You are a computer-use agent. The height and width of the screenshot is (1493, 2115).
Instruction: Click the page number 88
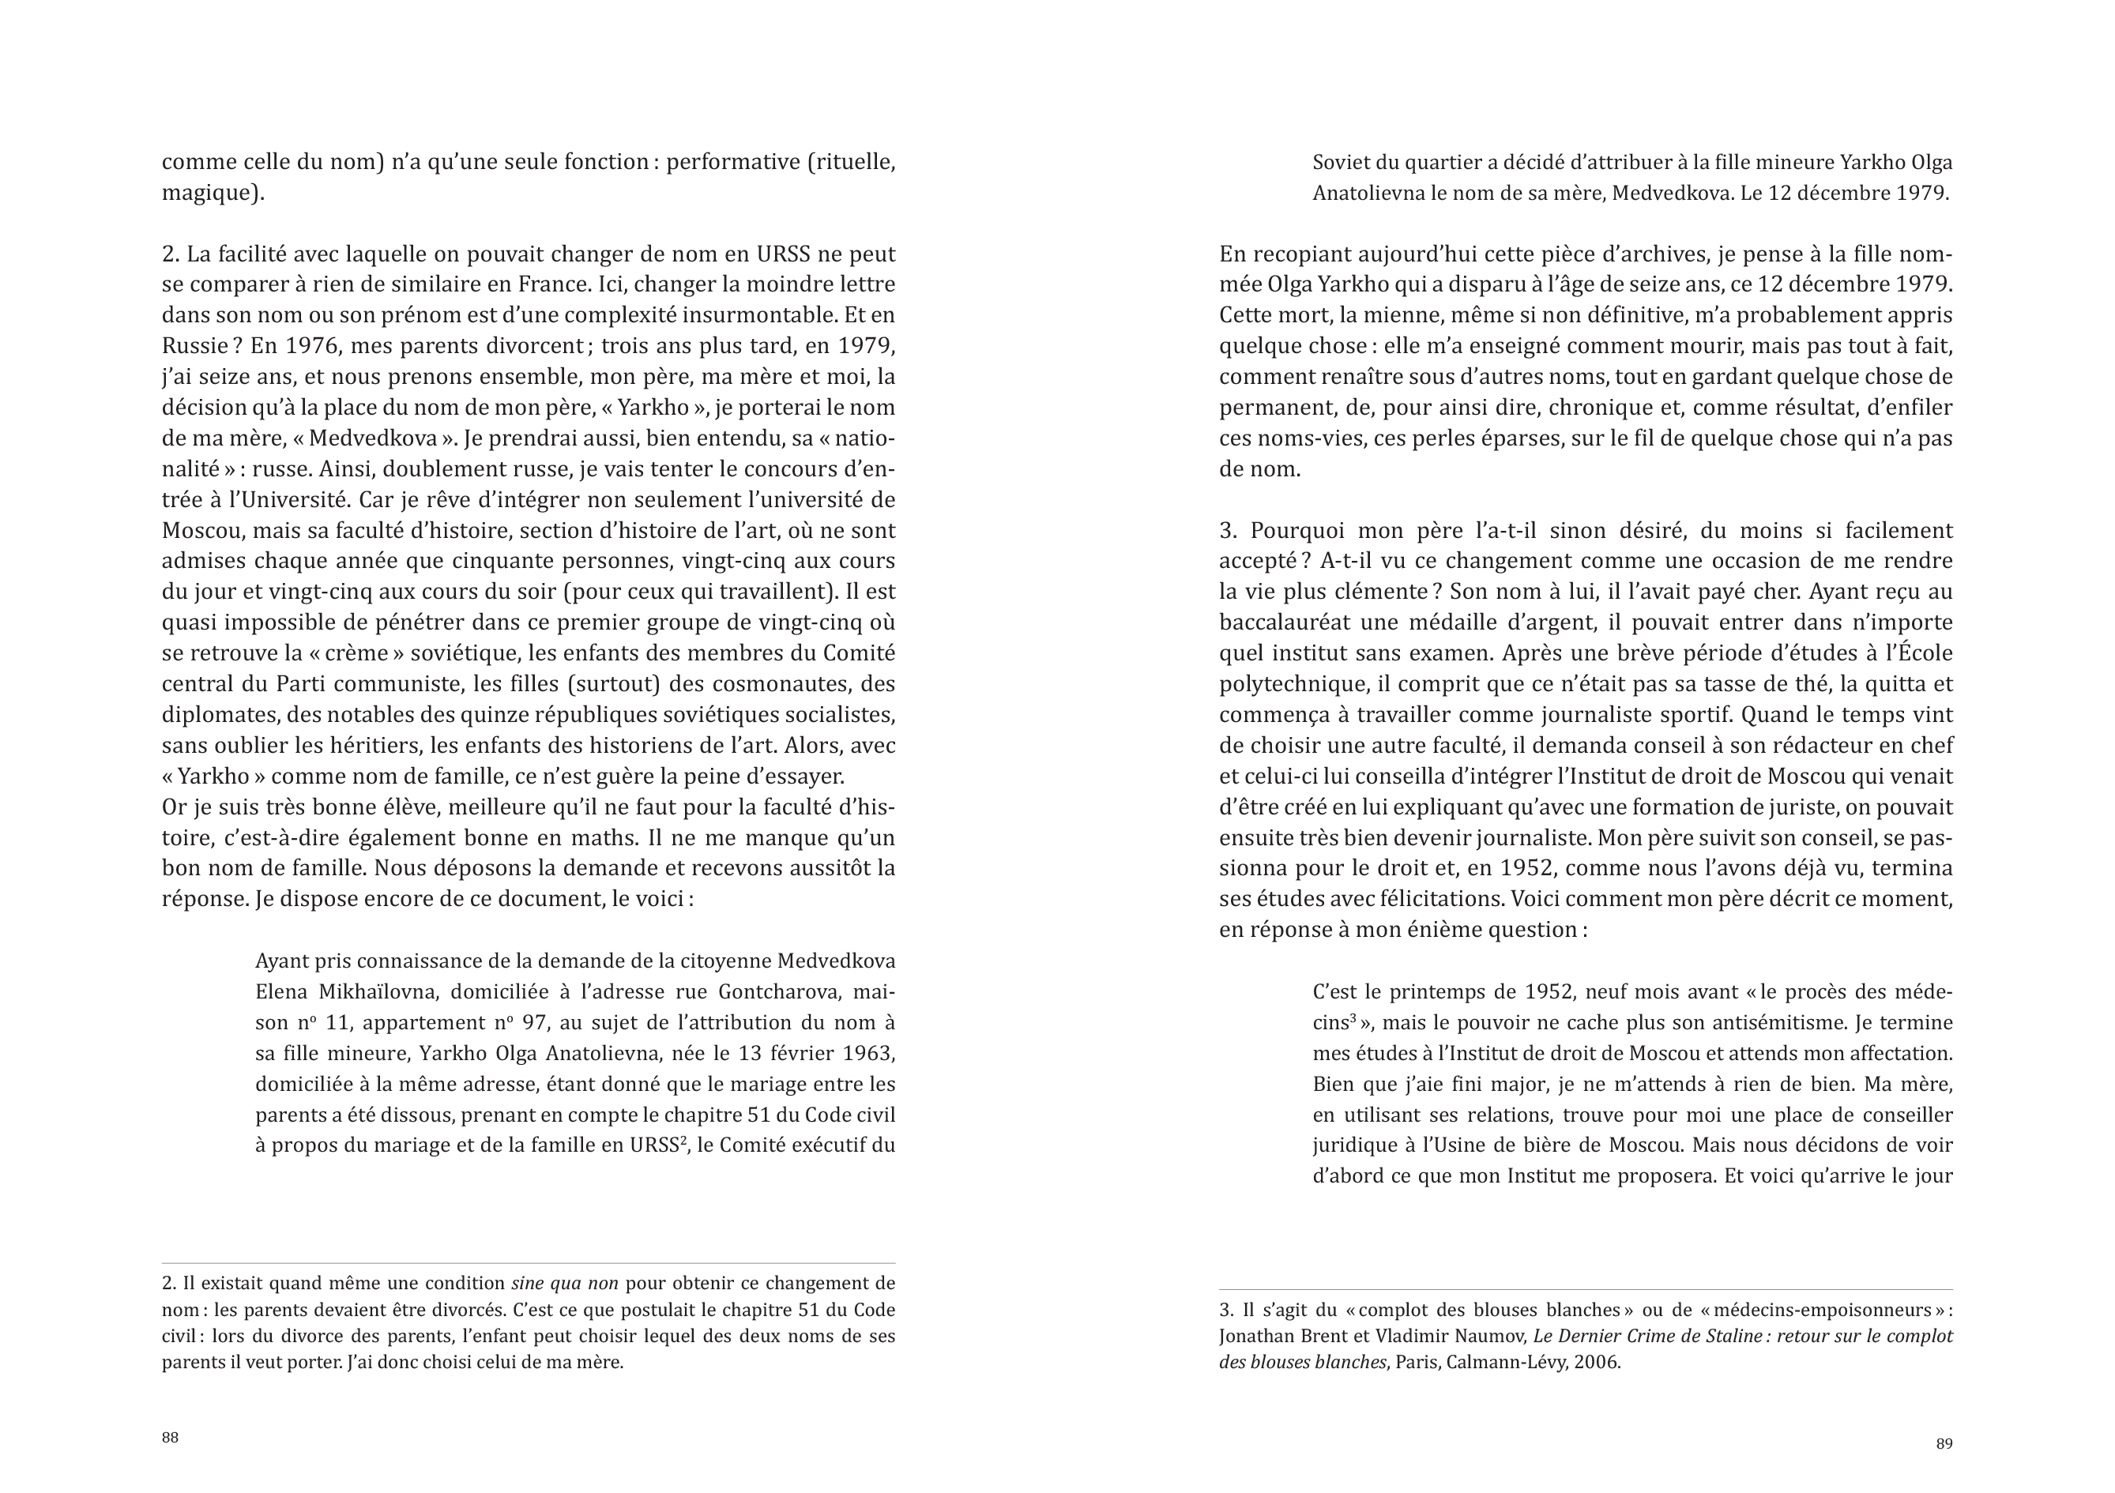171,1438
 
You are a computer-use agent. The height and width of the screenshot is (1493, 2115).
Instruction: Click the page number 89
1944,1443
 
